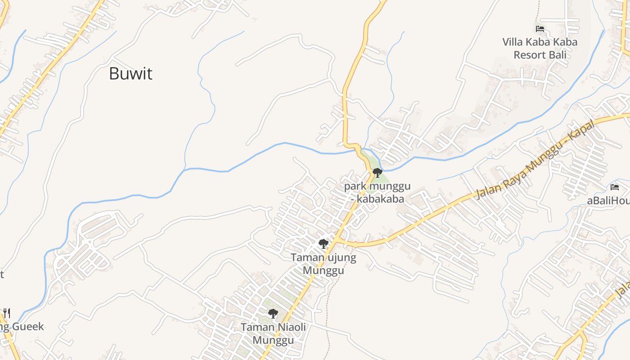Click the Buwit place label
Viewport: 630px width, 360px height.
131,74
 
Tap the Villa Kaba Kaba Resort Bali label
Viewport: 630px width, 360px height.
540,49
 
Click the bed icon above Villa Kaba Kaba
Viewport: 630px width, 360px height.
540,29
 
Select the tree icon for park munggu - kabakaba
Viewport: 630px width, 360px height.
377,172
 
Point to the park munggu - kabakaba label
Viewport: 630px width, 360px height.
377,193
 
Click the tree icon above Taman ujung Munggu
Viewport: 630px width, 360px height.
323,244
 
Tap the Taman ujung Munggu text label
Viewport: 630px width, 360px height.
323,264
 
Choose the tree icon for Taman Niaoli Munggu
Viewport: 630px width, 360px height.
273,313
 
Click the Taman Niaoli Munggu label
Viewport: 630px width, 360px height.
273,333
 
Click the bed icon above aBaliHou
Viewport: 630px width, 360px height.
615,187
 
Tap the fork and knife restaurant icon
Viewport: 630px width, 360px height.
6,312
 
